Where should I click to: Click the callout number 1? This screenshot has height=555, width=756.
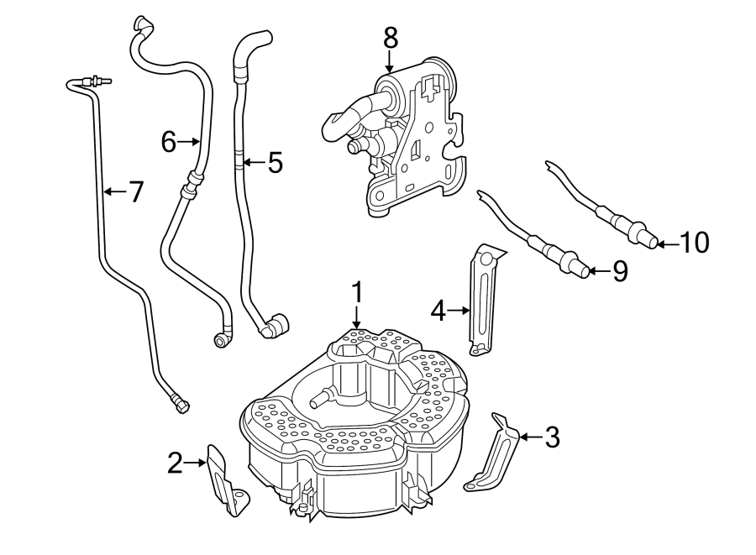pos(357,293)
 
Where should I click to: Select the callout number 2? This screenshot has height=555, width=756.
pos(175,463)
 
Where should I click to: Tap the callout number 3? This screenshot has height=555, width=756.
pos(551,437)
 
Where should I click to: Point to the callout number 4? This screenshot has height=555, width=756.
pos(437,312)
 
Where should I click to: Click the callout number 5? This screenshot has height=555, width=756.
pos(275,162)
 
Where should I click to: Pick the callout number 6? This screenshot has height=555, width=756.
pos(169,143)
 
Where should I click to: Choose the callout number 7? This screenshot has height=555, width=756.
pos(134,192)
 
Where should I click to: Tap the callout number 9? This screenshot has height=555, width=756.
pos(619,271)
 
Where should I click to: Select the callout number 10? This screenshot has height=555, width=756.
pos(694,243)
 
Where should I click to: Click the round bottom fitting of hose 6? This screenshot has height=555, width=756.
pos(222,338)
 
